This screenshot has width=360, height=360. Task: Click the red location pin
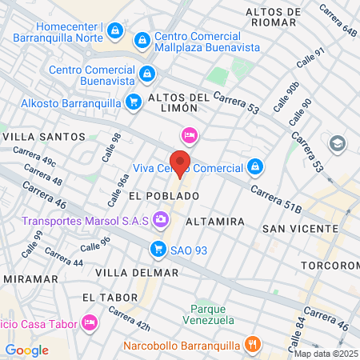coord(181,162)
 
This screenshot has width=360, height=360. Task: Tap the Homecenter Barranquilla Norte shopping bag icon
coord(116,30)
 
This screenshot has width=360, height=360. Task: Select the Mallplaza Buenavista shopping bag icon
coord(142,38)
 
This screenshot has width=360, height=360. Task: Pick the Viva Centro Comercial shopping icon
coord(254,166)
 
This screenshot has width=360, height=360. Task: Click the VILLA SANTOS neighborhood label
coord(44,137)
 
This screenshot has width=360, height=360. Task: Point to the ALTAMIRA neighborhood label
coord(214,220)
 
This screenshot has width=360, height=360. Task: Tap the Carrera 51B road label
coord(276,199)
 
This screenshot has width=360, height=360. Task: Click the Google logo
coord(26,350)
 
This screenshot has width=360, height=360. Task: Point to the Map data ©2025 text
coord(325,354)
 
